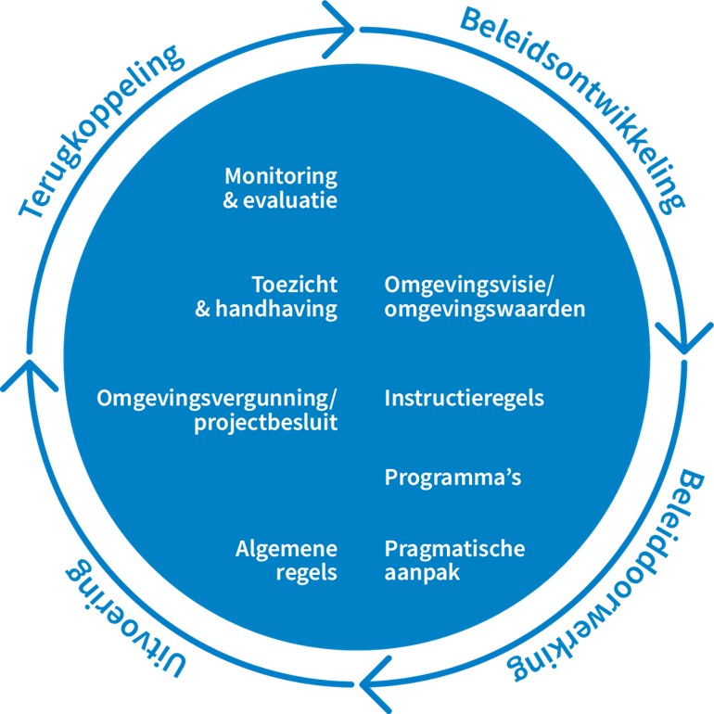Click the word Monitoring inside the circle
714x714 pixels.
280,176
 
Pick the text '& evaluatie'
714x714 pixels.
280,199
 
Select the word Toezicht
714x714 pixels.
294,285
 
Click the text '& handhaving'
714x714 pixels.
266,309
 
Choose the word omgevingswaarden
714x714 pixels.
484,309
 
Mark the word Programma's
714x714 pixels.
453,478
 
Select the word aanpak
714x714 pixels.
422,572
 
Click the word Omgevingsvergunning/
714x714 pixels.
218,399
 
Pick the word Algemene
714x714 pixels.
287,548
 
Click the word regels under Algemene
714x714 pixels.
307,572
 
